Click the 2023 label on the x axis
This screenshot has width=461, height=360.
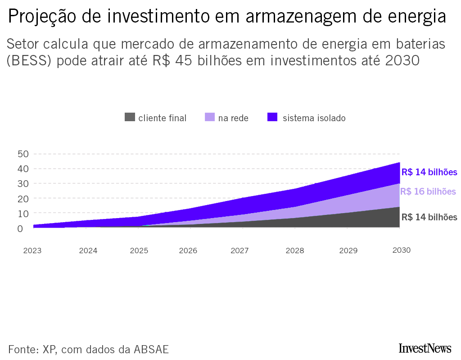tap(32, 251)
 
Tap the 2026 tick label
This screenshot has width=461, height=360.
tap(188, 251)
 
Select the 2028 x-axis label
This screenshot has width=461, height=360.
tap(295, 251)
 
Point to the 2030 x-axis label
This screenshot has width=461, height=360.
tap(402, 250)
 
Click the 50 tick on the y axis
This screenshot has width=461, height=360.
tap(23, 154)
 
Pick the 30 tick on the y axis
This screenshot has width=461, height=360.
tap(23, 184)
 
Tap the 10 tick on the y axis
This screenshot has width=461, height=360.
tap(23, 214)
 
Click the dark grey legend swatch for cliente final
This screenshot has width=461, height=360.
tap(130, 118)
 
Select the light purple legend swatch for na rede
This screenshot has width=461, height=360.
tap(210, 118)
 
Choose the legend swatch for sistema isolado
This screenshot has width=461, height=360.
tap(272, 118)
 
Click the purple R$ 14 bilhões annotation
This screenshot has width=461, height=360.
tap(429, 172)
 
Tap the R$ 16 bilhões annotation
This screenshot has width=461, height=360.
tap(428, 191)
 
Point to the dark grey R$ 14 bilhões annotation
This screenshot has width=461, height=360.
tap(429, 217)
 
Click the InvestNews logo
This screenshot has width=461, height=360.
tap(425, 348)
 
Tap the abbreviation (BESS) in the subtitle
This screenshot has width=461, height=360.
tap(30, 61)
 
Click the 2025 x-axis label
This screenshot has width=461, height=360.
tap(139, 251)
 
